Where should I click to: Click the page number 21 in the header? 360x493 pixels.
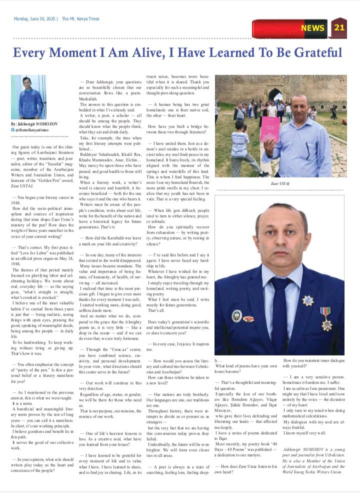point(339,27)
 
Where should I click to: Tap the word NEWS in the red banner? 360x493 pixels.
point(312,28)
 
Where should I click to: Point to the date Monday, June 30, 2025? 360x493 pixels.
point(34,18)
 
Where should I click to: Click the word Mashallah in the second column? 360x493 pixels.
point(92,98)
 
